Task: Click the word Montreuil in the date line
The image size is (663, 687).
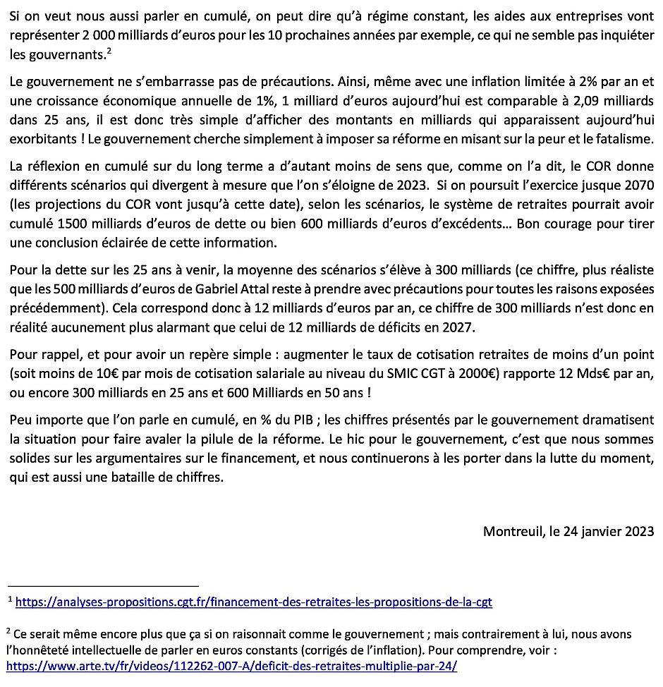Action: click(x=512, y=531)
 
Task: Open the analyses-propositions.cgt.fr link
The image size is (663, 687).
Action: click(x=253, y=602)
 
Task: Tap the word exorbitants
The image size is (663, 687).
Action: click(x=40, y=140)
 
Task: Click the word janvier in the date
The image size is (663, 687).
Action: click(x=598, y=531)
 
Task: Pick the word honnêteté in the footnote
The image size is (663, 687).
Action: click(x=43, y=649)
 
